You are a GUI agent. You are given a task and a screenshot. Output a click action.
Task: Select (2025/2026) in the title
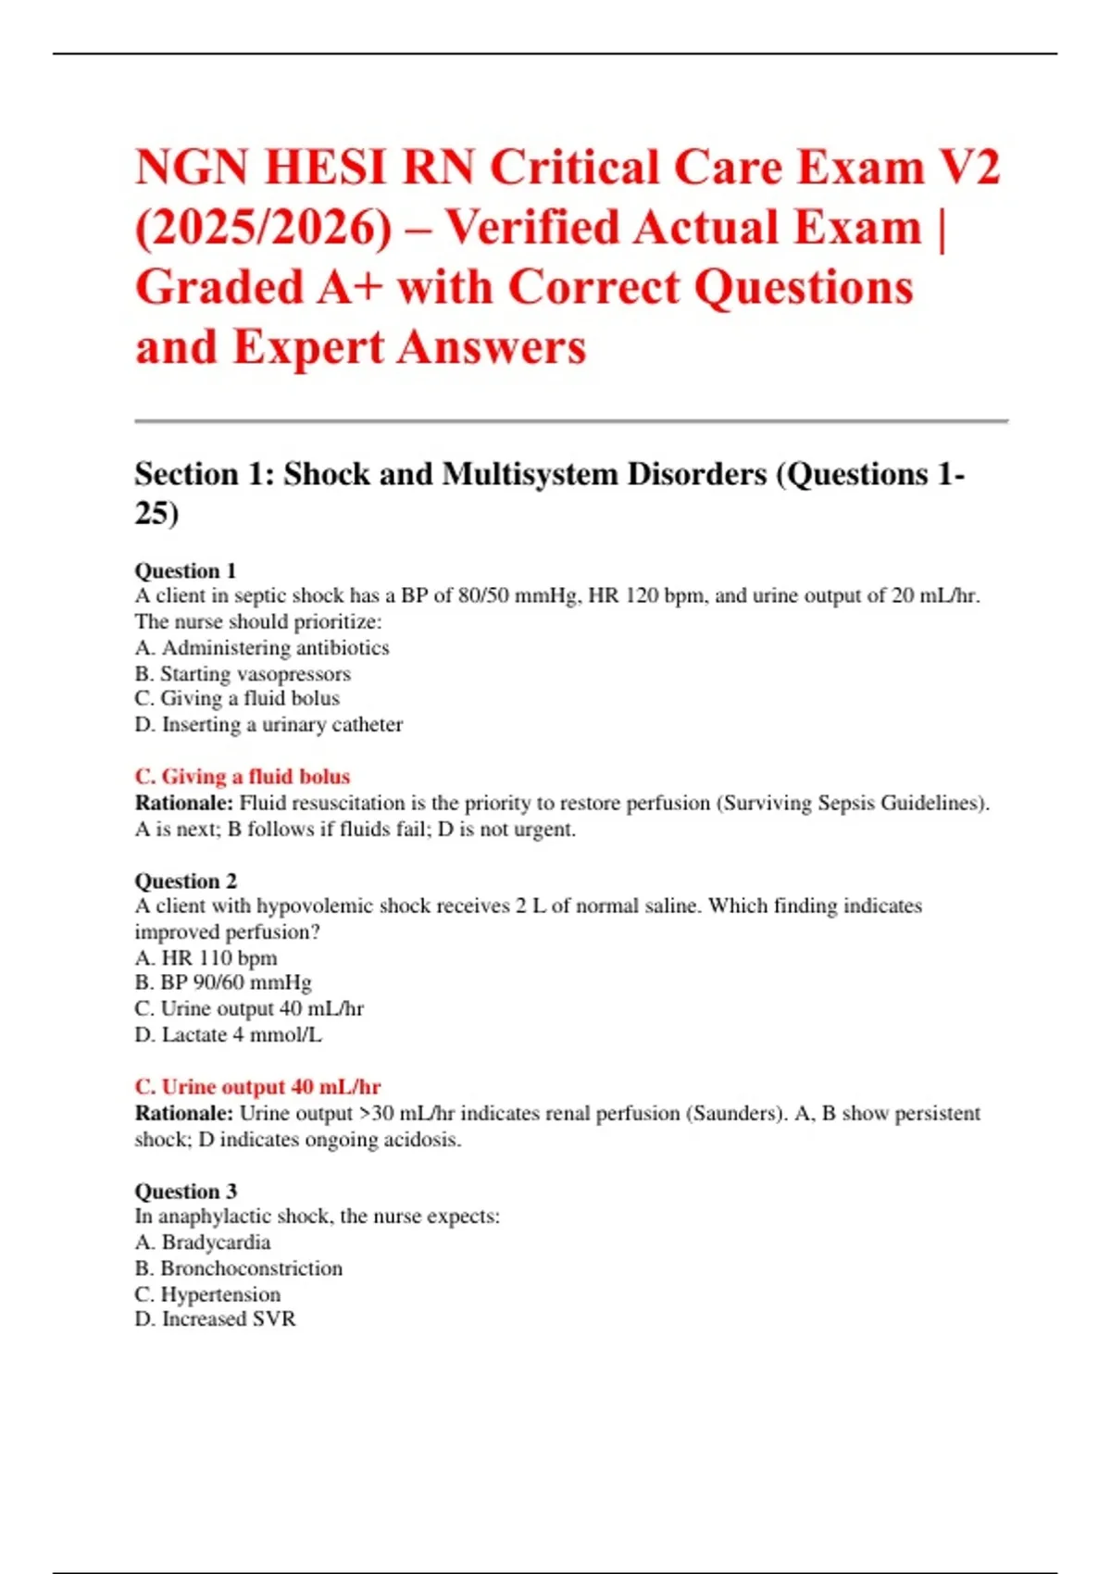[x=263, y=228]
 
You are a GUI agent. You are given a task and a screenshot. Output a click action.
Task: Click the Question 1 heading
[x=185, y=570]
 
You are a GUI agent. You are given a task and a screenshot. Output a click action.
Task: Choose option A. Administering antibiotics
[x=262, y=647]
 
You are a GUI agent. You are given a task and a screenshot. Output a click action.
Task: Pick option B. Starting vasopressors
[x=243, y=673]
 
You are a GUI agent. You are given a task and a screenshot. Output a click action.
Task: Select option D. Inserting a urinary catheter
[x=268, y=724]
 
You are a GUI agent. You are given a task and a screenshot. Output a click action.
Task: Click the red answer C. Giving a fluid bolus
[x=243, y=777]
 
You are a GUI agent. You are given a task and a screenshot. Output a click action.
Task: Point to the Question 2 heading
[x=185, y=881]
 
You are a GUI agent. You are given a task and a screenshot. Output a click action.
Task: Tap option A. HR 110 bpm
[x=206, y=957]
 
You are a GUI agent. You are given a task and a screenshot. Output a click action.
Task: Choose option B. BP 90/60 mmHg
[x=223, y=982]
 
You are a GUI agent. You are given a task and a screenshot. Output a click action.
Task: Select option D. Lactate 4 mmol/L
[x=228, y=1034]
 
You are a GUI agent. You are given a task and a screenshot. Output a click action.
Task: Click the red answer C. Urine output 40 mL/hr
[x=257, y=1087]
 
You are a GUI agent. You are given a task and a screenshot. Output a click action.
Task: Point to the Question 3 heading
[x=185, y=1191]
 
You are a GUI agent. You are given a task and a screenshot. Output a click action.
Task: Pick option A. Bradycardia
[x=203, y=1242]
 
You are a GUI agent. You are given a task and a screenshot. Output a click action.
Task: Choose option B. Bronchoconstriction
[x=239, y=1268]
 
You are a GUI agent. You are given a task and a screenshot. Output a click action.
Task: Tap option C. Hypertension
[x=207, y=1293]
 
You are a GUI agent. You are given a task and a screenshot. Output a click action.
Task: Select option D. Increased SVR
[x=215, y=1318]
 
